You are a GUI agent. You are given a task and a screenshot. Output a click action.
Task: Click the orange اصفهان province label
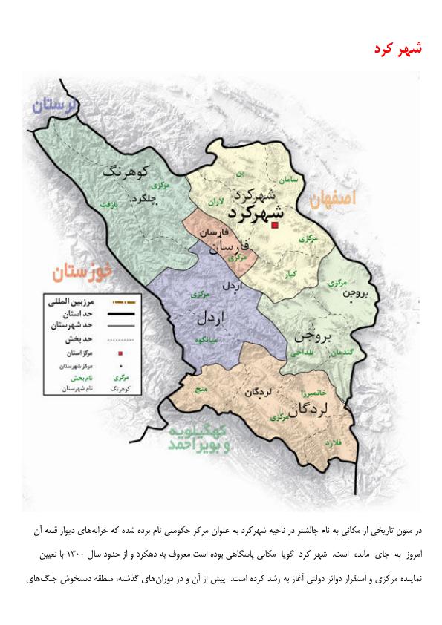[x=334, y=198]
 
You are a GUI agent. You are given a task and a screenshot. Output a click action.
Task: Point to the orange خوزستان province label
[x=82, y=272]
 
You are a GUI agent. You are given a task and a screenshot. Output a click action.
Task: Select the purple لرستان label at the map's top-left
[x=56, y=105]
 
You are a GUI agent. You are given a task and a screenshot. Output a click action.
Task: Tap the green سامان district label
[x=289, y=180]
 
